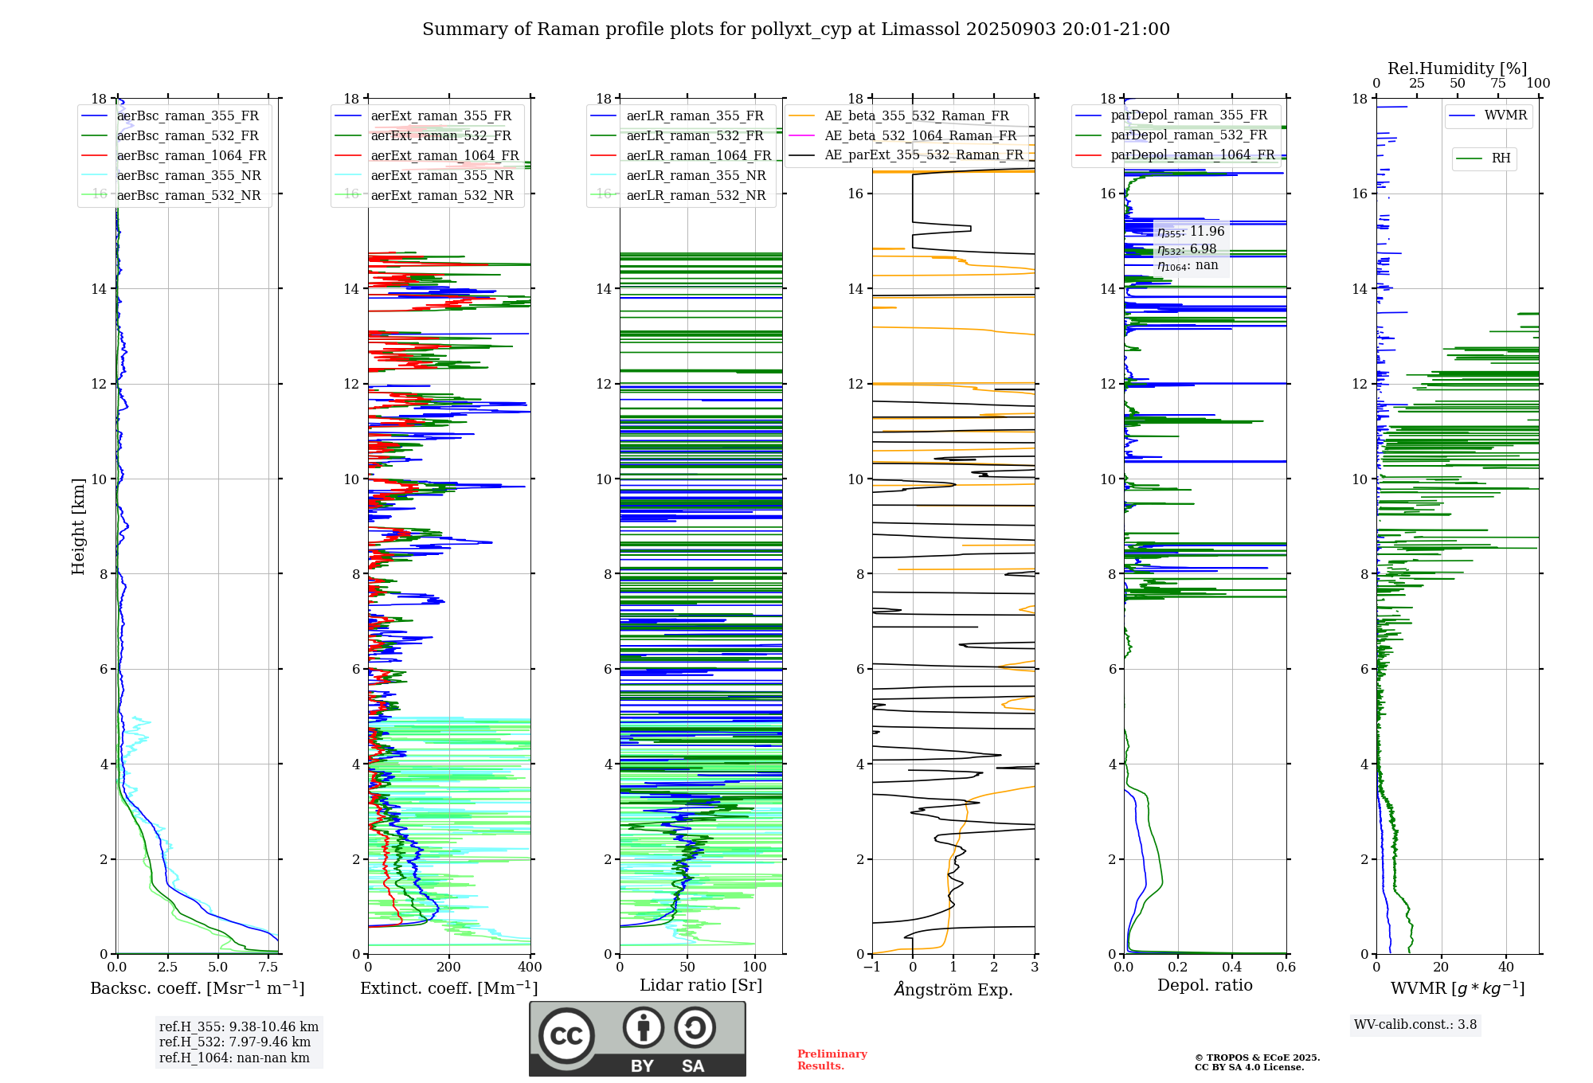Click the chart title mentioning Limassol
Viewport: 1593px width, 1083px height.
coord(796,29)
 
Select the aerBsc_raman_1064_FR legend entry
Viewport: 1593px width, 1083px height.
coord(191,156)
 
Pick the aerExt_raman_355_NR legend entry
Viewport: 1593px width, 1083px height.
coord(442,176)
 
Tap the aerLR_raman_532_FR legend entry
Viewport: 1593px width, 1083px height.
coord(695,136)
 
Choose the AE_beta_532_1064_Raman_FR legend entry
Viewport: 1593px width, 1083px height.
coord(920,136)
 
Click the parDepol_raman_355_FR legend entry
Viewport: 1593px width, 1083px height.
coord(1188,115)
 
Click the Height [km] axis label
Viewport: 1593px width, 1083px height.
coord(78,526)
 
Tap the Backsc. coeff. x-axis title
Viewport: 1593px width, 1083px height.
coord(198,988)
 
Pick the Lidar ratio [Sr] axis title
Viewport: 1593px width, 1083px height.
coord(701,985)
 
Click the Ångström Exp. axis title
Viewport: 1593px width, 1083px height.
coord(953,990)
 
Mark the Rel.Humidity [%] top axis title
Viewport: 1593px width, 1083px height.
coord(1457,68)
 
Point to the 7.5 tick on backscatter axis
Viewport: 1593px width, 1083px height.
coord(268,968)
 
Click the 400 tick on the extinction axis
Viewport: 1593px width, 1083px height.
coord(530,968)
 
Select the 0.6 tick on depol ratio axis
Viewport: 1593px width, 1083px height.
coord(1286,968)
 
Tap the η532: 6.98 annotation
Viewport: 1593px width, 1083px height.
coord(1187,249)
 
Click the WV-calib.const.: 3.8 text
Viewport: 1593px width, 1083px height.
coord(1415,1025)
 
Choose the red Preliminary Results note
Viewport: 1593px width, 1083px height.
coord(832,1060)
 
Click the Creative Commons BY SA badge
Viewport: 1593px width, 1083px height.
coord(637,1039)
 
